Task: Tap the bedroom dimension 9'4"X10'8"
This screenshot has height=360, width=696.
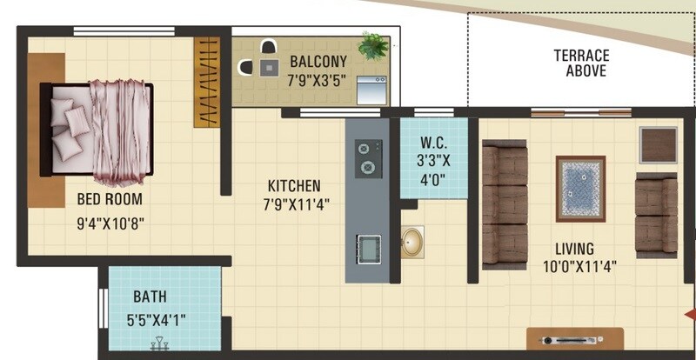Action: coord(110,222)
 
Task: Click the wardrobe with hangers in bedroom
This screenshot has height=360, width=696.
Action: coord(206,83)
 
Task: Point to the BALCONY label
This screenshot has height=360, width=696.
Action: coord(318,62)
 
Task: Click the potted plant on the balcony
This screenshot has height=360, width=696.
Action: coord(373,46)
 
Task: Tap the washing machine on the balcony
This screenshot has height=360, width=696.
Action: coord(371,90)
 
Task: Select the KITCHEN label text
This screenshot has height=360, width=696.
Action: coord(293,186)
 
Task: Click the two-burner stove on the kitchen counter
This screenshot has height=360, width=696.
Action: coord(367,158)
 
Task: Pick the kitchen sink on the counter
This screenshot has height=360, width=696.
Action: coord(367,249)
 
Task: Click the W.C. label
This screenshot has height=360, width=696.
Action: coord(432,143)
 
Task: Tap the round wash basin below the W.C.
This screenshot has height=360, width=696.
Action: coord(412,243)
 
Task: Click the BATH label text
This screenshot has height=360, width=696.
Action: coord(150,297)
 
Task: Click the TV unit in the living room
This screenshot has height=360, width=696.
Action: coord(575,339)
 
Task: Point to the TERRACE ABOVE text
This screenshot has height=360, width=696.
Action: coord(581,63)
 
